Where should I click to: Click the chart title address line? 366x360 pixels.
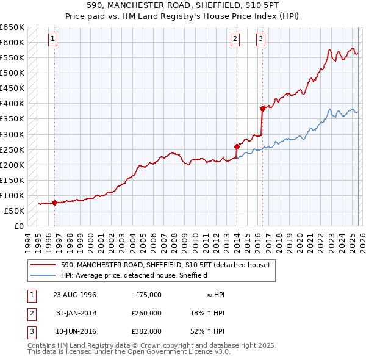182,5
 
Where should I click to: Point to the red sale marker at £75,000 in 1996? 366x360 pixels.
55,203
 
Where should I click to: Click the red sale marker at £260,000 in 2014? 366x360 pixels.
237,146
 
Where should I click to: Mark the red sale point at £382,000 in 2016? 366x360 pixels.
262,109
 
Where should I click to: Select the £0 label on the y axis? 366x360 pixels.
18,226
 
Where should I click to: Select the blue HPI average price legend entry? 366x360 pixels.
134,275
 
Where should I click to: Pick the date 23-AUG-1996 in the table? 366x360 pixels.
74,295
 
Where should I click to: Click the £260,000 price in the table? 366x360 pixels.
146,313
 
